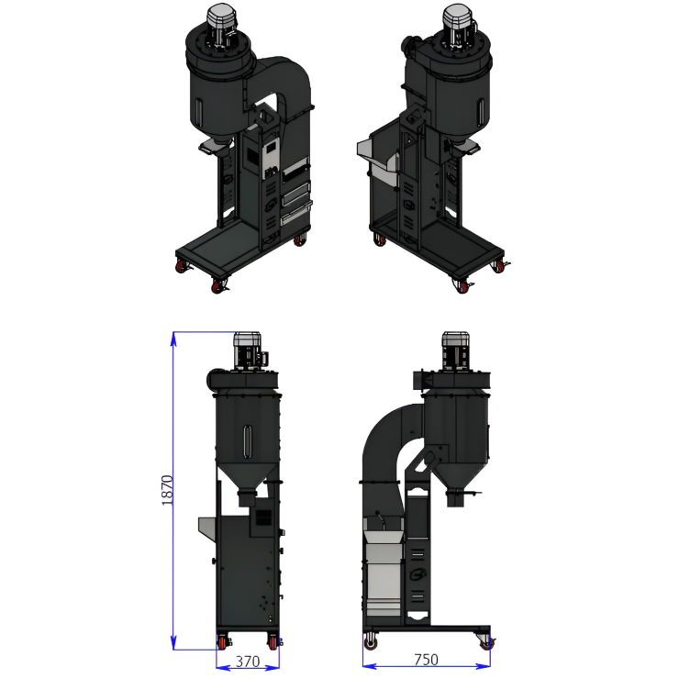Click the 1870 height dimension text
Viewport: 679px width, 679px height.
coord(167,490)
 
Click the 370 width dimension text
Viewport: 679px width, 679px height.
coord(248,662)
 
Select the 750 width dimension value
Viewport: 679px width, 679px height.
coord(426,660)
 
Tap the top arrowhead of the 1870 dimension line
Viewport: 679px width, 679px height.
coord(173,339)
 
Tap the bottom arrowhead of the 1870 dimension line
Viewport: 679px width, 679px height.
coord(173,642)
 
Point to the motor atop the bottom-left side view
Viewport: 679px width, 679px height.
coord(249,351)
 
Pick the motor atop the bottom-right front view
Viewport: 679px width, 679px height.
coord(455,351)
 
